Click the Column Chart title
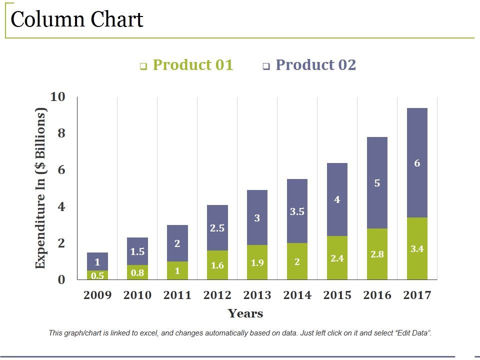point(77,20)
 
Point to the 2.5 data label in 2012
point(217,228)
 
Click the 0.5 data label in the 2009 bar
point(97,275)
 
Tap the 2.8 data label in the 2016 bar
point(377,254)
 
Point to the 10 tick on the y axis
point(58,96)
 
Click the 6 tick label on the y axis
point(60,170)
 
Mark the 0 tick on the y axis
point(61,280)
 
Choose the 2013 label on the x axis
point(257,295)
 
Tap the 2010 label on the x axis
point(137,295)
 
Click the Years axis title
point(245,314)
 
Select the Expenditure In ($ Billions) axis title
point(41,188)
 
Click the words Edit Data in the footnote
point(412,333)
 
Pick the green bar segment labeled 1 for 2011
point(177,271)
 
